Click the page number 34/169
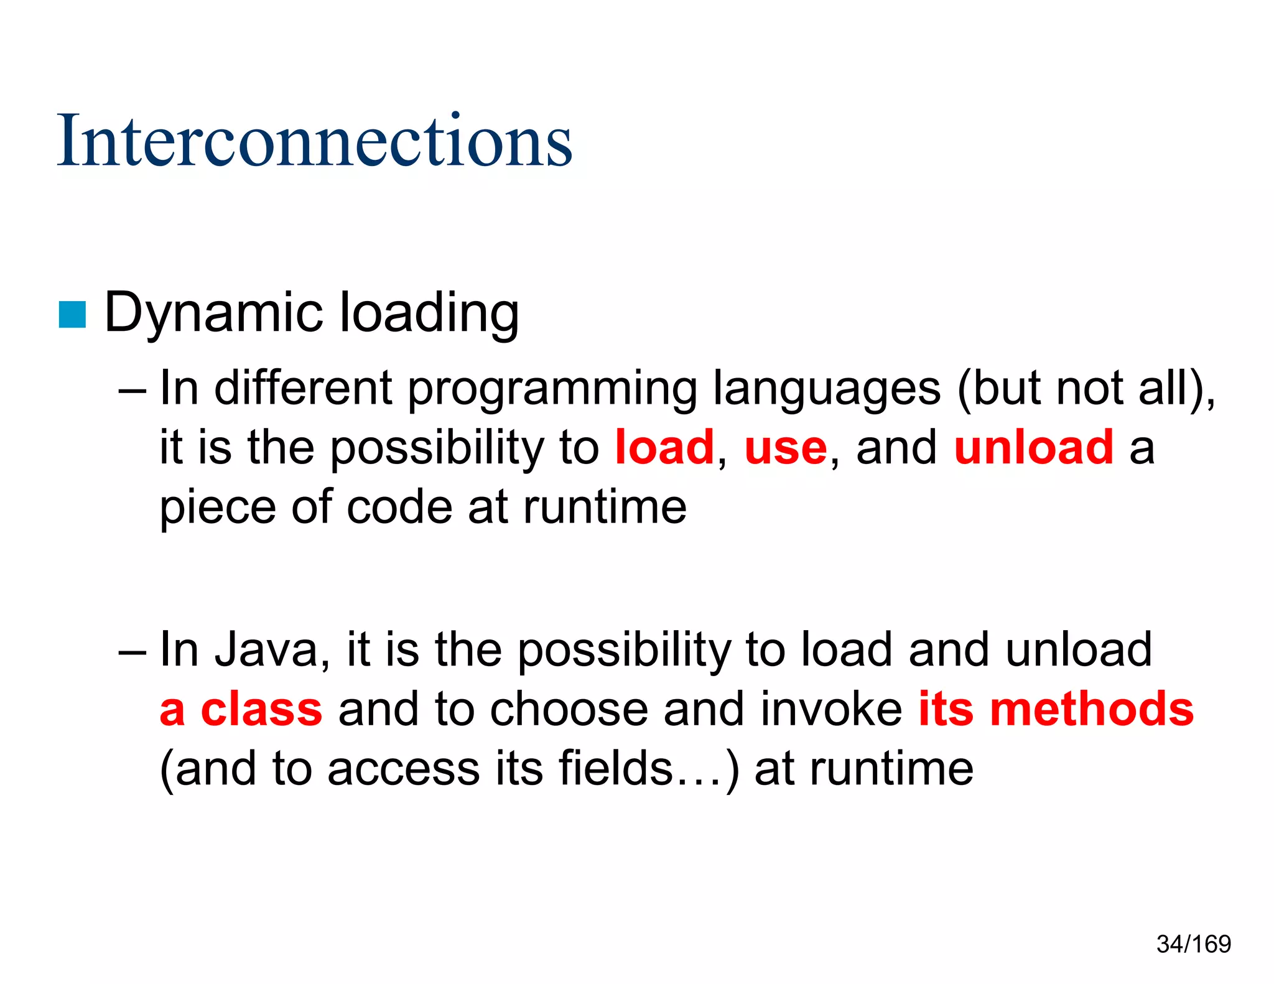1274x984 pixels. point(1194,944)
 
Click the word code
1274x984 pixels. point(399,507)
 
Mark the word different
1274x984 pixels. point(303,388)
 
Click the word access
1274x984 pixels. point(404,769)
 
